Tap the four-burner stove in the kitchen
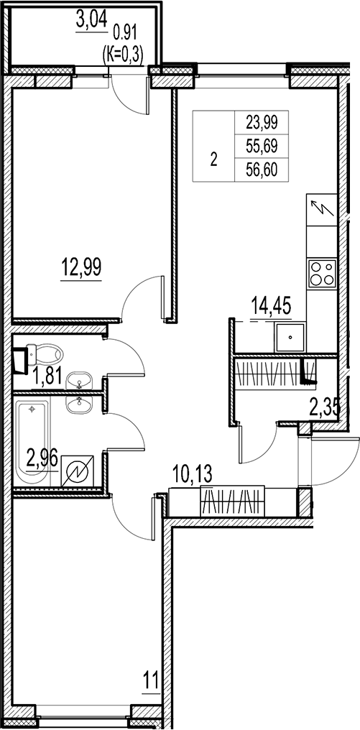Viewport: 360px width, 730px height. (321, 272)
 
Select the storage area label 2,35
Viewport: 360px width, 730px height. (324, 409)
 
